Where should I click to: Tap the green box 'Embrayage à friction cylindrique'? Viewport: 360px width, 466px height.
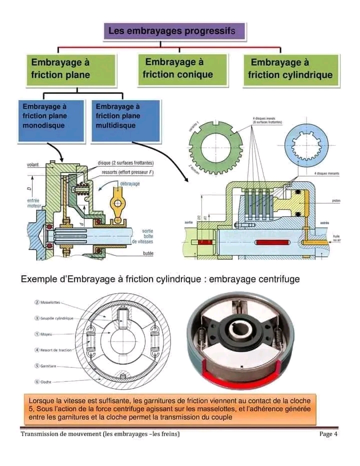point(290,69)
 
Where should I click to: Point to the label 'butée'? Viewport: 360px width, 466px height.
point(147,254)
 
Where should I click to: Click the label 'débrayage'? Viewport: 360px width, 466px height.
point(130,184)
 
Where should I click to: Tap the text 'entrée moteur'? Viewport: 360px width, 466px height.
point(33,203)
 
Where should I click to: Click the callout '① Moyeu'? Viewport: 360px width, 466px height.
point(46,334)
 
